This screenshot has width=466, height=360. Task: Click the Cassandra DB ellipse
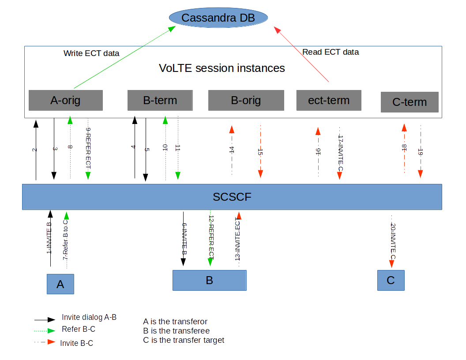click(218, 18)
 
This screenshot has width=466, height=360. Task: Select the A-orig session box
click(66, 101)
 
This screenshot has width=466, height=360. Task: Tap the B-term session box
click(160, 101)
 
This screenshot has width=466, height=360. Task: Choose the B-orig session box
click(246, 101)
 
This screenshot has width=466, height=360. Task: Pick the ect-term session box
click(329, 100)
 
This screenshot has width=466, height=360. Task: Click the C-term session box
click(410, 102)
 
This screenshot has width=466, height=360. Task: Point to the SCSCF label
click(232, 197)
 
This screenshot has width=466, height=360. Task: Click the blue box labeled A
click(60, 284)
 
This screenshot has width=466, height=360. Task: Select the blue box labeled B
click(209, 280)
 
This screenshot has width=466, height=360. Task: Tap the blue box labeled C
click(391, 280)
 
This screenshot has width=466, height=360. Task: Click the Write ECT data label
click(91, 53)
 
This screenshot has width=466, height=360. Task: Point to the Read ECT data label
click(331, 52)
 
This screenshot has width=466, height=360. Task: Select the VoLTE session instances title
click(222, 68)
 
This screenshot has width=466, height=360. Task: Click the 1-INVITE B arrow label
click(49, 238)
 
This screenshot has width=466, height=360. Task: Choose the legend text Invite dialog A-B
click(89, 317)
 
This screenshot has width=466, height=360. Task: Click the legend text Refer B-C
click(79, 329)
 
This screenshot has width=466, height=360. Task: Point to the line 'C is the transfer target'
click(184, 340)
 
